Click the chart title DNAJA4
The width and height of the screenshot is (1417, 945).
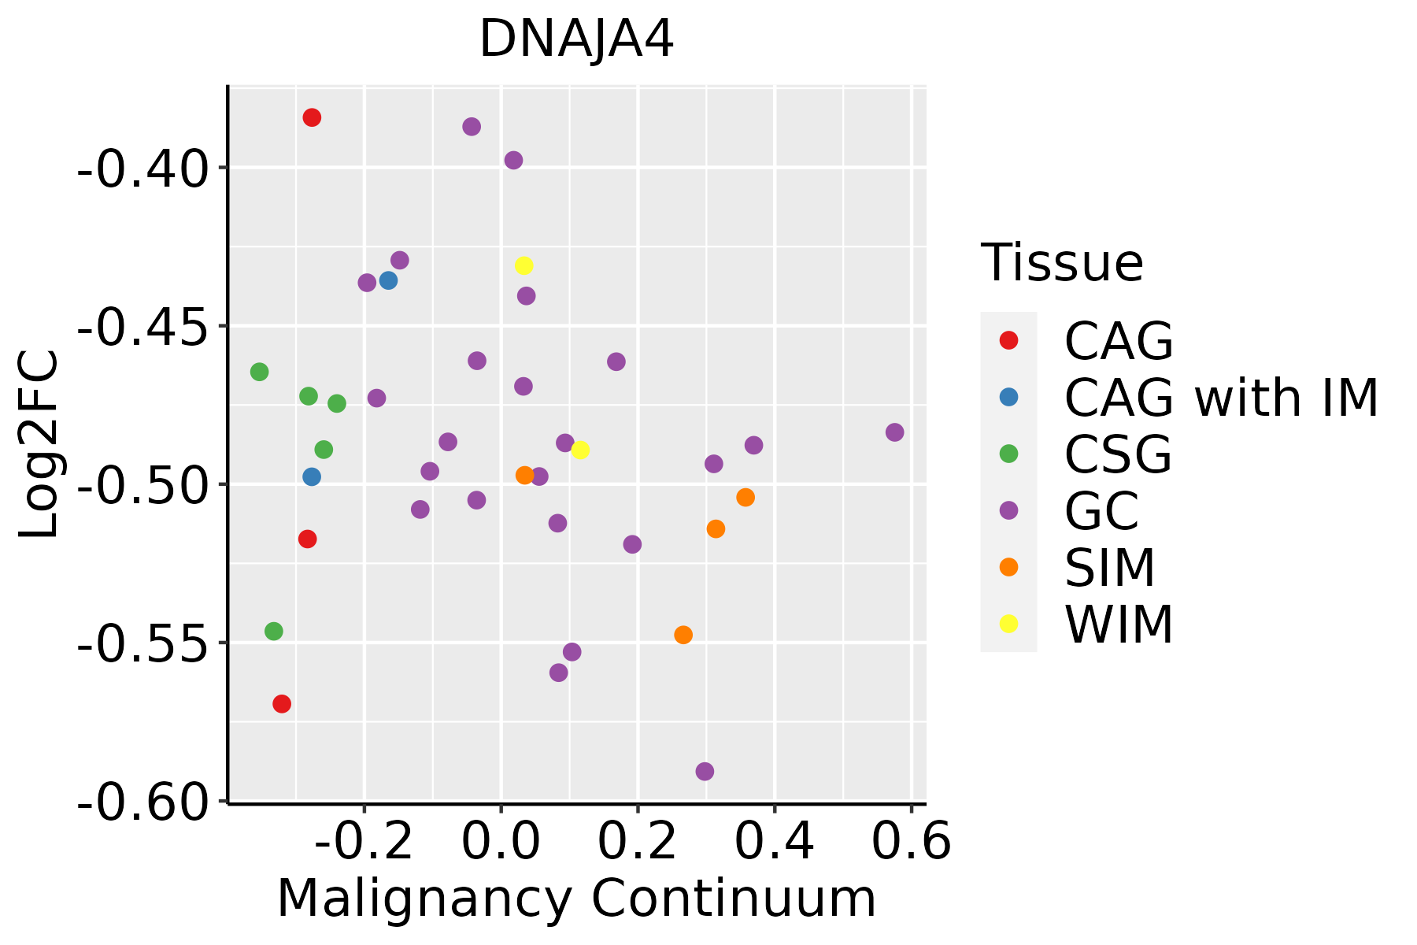[576, 39]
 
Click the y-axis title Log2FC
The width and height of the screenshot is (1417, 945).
[39, 445]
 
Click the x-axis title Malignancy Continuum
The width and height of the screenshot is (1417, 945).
[576, 899]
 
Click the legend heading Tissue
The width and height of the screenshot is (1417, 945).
[1062, 263]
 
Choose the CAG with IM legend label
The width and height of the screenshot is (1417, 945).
[1221, 398]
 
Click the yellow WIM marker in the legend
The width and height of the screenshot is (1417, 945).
[1008, 624]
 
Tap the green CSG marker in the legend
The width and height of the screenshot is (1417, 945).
[1008, 454]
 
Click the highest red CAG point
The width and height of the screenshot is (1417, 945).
[312, 118]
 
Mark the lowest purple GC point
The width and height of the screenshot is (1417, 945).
[705, 772]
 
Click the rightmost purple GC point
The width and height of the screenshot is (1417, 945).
[894, 432]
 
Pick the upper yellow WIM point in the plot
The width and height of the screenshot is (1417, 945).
[524, 265]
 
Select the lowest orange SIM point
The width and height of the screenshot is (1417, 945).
[683, 635]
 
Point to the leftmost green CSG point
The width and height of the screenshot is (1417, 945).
[259, 372]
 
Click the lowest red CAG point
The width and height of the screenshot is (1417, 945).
[282, 704]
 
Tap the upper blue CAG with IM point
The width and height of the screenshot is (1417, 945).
[388, 280]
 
